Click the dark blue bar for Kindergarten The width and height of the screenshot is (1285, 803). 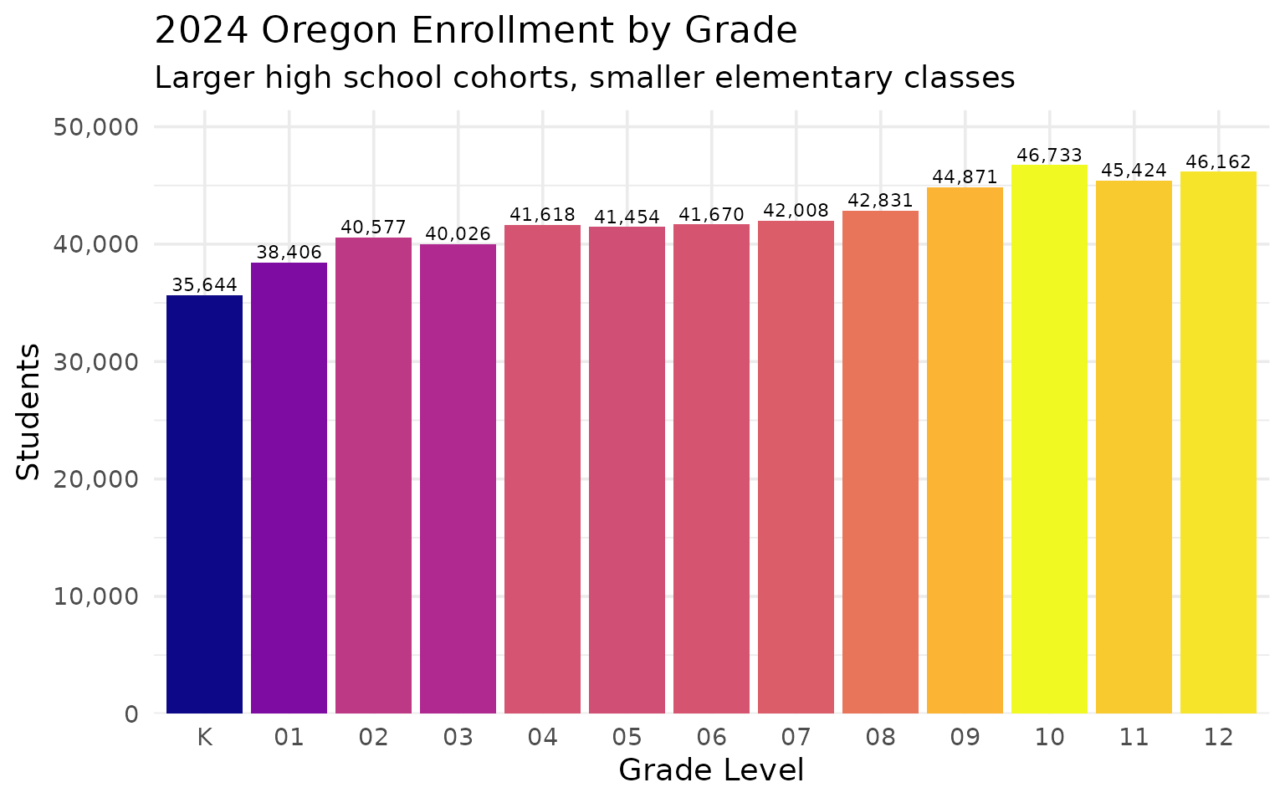coord(204,504)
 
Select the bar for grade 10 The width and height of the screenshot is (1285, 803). coord(1049,439)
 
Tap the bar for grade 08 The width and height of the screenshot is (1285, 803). coord(880,462)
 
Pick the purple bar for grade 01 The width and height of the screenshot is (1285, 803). coord(289,488)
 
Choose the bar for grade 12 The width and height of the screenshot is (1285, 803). coord(1218,442)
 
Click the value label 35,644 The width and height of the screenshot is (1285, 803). coord(204,284)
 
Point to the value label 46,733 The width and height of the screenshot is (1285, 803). coord(1049,155)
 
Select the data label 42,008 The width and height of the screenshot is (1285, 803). coord(796,210)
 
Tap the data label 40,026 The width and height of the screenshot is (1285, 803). coord(458,233)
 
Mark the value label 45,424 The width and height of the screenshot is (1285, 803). coord(1134,171)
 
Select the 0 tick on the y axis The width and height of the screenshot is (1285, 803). coord(131,714)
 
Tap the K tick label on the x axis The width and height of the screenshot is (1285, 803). coord(204,738)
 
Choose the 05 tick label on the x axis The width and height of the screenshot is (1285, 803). coord(627,738)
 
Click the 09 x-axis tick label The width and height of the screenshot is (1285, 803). coord(965,738)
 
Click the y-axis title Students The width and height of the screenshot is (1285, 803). coord(28,412)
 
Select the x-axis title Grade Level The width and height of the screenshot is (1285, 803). coord(711,770)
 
